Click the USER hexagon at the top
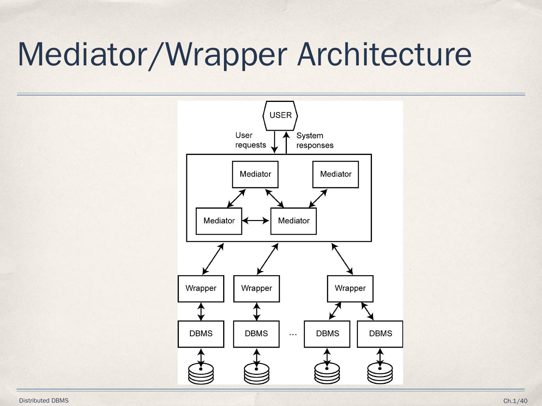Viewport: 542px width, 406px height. coord(280,115)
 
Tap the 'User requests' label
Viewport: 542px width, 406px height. coord(250,140)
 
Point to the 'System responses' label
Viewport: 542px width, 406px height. coord(315,140)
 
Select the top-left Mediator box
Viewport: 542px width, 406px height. coord(255,174)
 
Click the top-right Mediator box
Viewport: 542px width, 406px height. coord(335,174)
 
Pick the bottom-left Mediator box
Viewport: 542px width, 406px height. coord(219,221)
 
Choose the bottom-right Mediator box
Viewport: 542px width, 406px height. coord(294,221)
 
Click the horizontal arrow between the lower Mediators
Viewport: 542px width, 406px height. coord(256,221)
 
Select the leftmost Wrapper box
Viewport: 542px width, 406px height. coord(201,288)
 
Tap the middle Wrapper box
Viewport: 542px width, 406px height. coord(256,288)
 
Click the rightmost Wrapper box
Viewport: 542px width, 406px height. coord(350,288)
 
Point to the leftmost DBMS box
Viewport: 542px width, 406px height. coord(201,334)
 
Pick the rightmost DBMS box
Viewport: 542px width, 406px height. coord(380,334)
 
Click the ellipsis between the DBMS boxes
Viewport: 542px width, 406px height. coord(293,334)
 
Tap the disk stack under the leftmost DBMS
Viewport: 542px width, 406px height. coord(201,373)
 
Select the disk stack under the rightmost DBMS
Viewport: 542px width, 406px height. coord(380,373)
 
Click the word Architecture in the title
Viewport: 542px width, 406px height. coord(384,55)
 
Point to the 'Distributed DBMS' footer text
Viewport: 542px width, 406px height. coord(44,400)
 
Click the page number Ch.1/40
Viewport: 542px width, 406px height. coord(515,401)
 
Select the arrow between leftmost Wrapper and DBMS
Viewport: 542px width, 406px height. coord(201,311)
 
